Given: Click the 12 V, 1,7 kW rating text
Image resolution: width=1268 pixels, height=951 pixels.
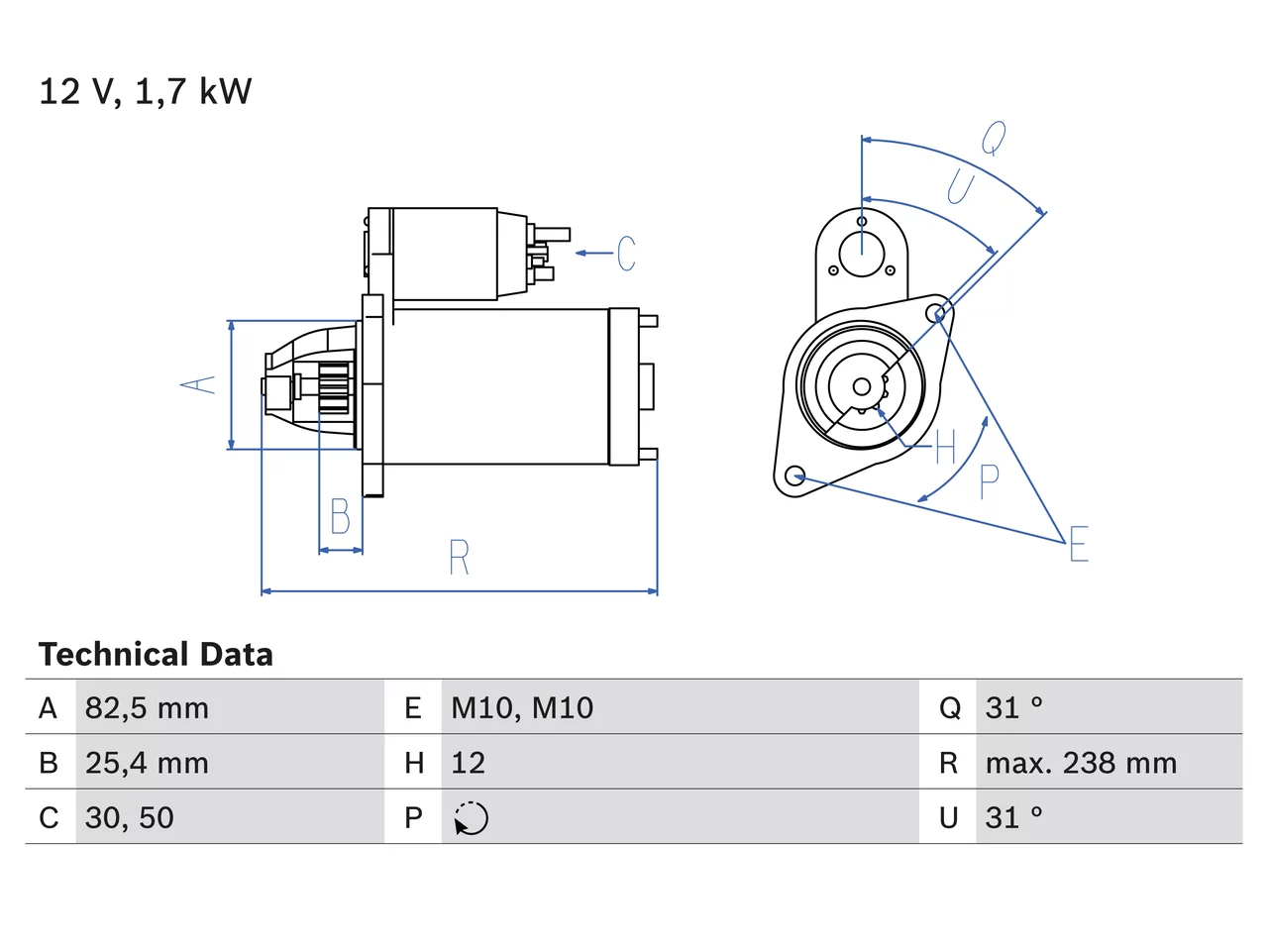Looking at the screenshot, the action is (145, 92).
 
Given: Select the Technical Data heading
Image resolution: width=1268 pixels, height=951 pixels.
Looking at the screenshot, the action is (156, 654).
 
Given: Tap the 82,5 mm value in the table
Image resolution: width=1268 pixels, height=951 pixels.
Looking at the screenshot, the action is (147, 708).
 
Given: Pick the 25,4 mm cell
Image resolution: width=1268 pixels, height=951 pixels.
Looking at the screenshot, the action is (147, 763).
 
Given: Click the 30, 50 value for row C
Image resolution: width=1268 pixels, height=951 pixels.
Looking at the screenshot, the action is (130, 817).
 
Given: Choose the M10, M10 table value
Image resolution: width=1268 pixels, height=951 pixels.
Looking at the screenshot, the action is (522, 708).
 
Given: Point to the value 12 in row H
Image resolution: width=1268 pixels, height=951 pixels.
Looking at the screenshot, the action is (468, 763).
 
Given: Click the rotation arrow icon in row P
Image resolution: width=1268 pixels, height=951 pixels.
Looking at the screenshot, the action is (471, 818).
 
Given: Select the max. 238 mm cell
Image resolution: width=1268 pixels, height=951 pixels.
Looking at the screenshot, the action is (1081, 763).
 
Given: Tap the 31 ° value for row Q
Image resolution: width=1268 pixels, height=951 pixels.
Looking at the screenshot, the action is (1013, 708).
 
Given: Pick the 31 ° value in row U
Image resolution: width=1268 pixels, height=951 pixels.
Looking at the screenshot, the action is (1013, 817).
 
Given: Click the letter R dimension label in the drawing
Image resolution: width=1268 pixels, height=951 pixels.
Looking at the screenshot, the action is (460, 557).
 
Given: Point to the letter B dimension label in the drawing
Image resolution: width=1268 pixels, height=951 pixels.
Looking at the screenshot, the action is (340, 516).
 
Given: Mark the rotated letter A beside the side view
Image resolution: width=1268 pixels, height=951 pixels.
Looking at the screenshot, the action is (197, 385).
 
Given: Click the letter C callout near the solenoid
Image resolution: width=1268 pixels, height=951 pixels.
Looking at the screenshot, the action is (626, 253).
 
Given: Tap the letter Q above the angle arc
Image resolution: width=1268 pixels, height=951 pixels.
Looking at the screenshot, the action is (995, 138).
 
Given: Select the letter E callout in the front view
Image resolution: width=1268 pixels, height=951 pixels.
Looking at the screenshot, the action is (1079, 543).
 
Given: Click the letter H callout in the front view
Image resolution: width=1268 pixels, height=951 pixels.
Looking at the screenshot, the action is (945, 447).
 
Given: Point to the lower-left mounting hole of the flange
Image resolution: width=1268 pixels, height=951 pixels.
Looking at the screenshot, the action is (795, 475).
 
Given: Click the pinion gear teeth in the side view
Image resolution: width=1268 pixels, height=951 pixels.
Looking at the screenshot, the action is (335, 387).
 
